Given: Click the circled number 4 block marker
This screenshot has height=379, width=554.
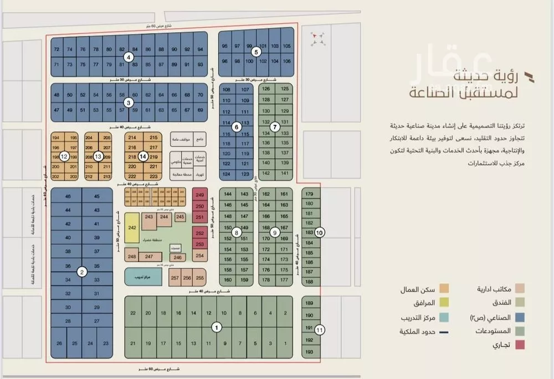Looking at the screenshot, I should tap(129, 57).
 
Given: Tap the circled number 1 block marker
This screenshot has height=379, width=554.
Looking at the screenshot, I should tap(217, 327).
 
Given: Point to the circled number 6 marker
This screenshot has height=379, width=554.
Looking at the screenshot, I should tap(237, 127).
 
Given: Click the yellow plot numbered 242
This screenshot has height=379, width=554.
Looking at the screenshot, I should tap(132, 228).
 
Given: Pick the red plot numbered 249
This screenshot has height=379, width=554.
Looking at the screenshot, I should tap(200, 195).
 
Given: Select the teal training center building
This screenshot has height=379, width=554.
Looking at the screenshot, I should tap(142, 275).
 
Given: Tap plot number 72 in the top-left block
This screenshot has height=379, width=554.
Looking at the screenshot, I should tap(57, 49).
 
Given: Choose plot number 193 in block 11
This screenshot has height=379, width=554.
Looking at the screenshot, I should tap(309, 352).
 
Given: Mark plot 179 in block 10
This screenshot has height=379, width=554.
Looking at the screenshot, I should tap(309, 194).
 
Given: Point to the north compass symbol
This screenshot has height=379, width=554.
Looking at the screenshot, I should tap(317, 38).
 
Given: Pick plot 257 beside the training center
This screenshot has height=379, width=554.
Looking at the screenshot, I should tap(175, 278).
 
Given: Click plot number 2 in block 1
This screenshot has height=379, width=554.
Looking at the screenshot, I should tap(285, 313).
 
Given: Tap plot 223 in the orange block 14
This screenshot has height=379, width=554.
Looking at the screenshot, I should tap(154, 176).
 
